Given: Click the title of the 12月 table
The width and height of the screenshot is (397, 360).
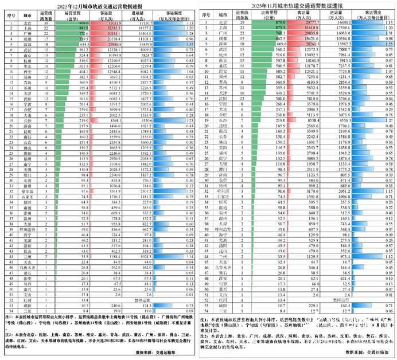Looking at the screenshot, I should [x=100, y=4].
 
